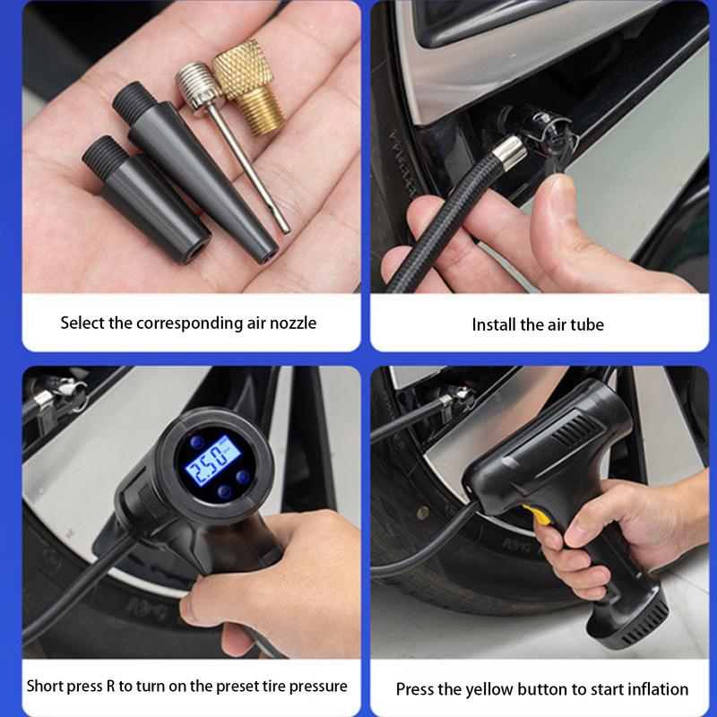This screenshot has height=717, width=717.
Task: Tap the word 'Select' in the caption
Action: [82, 323]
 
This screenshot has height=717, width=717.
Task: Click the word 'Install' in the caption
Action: [494, 324]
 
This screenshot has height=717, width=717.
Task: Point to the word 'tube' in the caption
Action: [587, 324]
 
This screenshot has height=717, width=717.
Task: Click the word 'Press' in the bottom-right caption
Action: [416, 689]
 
